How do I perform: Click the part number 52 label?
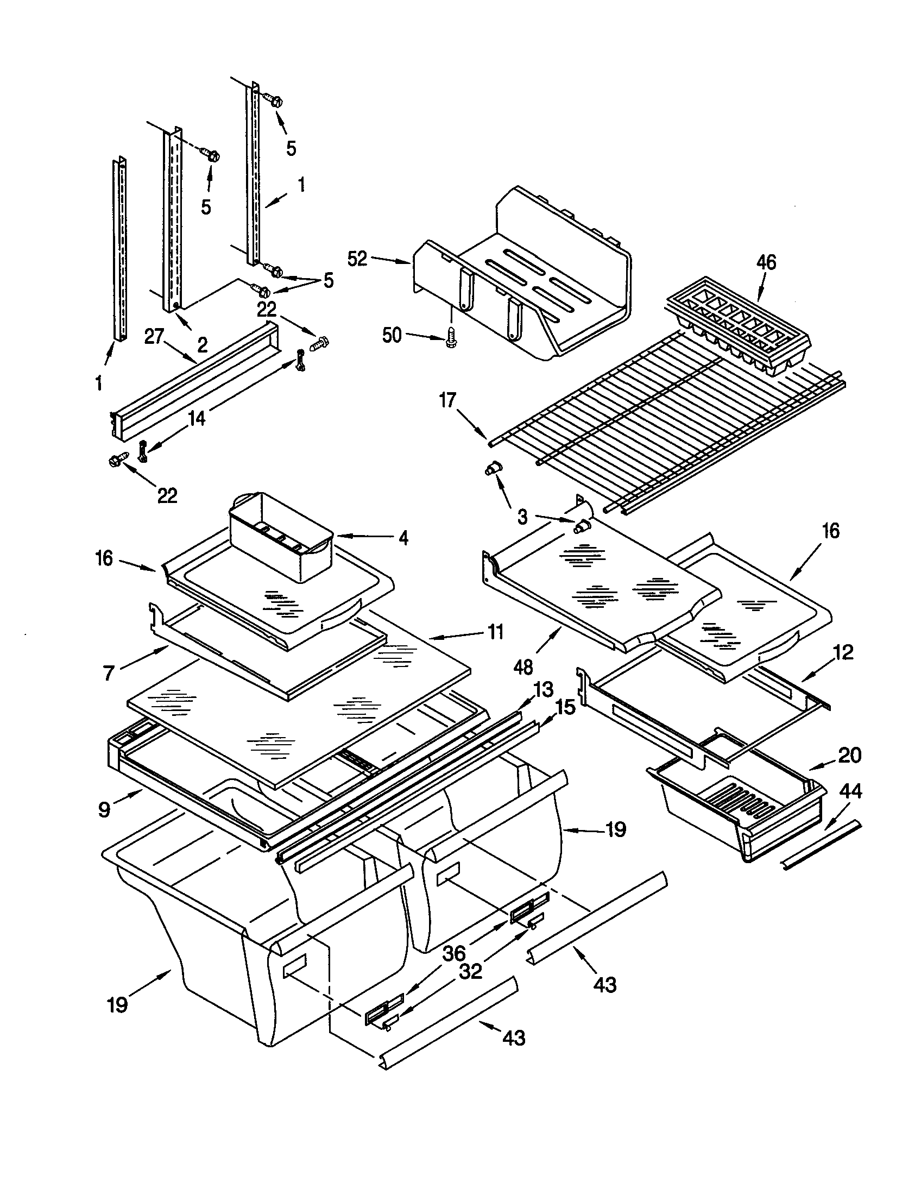coord(357,258)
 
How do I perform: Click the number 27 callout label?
coord(154,336)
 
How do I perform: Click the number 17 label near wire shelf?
coord(447,400)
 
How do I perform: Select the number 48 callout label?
coord(523,666)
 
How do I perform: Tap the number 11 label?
coord(495,632)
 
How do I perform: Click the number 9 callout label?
coord(104,809)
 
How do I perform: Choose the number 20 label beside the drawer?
coord(849,755)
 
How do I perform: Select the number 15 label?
coord(565,707)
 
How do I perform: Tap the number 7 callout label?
coord(109,672)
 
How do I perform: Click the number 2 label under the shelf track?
coord(202,345)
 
